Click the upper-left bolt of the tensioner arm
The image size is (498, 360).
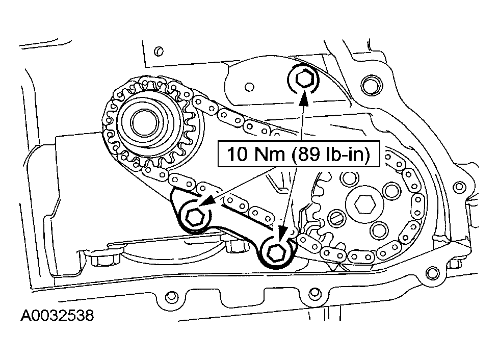click(x=194, y=216)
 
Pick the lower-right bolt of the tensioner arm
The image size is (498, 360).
click(x=276, y=252)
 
